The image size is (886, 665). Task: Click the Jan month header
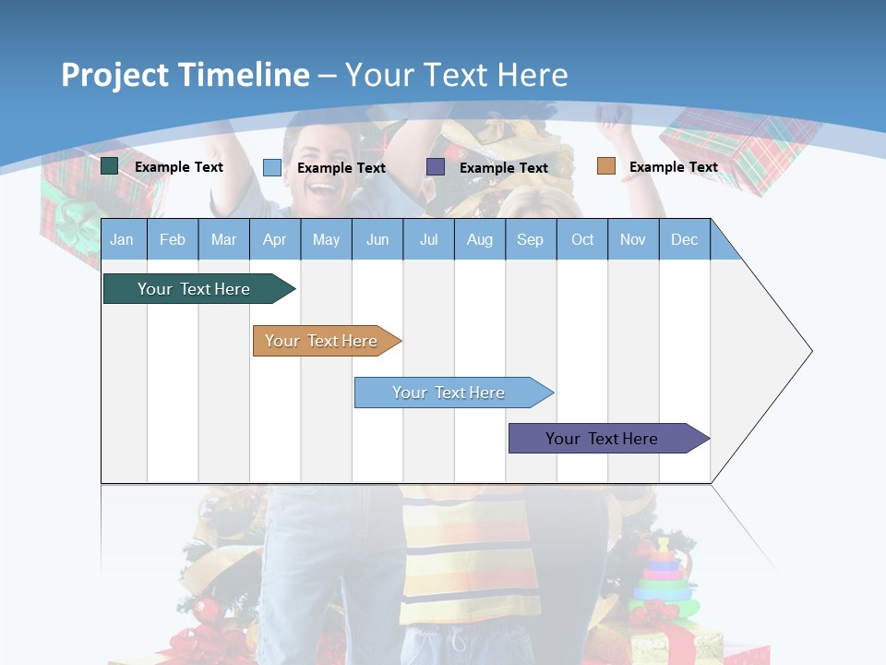[123, 239]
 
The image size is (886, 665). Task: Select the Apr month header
[274, 239]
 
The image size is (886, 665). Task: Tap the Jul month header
[428, 239]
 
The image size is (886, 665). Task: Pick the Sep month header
[530, 239]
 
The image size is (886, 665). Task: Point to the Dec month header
[684, 239]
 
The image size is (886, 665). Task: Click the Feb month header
[173, 239]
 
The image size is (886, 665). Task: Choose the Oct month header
[582, 239]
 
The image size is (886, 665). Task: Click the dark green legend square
[110, 166]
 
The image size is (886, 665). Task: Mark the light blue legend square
[272, 167]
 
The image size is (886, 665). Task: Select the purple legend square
[436, 166]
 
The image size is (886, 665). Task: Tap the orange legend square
[605, 166]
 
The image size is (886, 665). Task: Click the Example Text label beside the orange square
[673, 167]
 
